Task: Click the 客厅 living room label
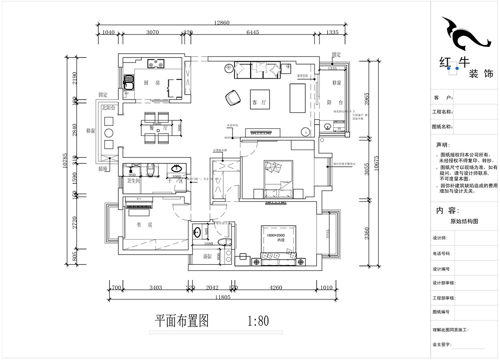259,102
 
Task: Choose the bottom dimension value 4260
275,287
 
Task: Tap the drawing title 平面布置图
181,321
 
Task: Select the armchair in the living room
233,98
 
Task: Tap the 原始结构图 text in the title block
464,222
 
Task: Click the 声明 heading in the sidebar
443,145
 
